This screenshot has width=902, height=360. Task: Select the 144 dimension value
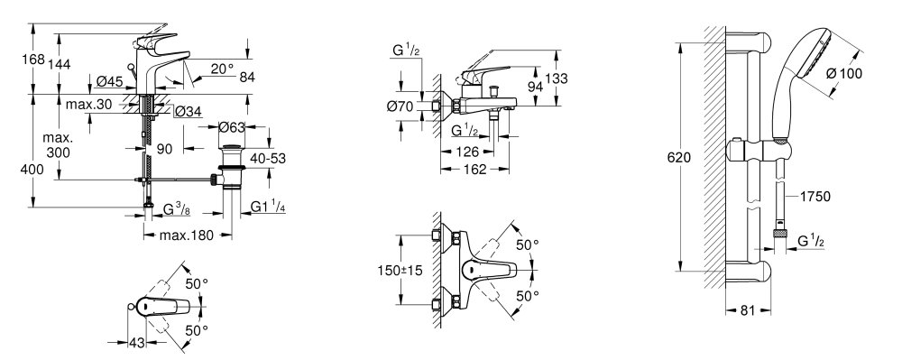59,64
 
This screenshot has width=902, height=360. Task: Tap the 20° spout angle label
222,69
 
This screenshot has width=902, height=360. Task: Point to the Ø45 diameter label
110,82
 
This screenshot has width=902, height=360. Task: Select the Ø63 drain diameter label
232,127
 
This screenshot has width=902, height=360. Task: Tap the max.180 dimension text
187,235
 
